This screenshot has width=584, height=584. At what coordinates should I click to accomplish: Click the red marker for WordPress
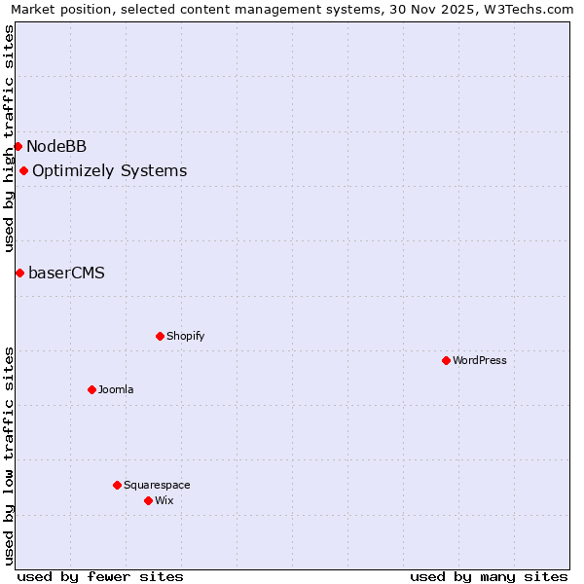coord(446,360)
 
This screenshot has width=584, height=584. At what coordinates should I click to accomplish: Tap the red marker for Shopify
coord(160,336)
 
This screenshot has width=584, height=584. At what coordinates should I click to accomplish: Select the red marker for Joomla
coord(91,389)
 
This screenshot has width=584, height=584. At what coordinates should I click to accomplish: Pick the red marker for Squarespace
coord(117,485)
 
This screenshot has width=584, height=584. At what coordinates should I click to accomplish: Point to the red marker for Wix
coord(148,500)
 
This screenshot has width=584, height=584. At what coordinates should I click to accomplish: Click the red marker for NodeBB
coord(18,146)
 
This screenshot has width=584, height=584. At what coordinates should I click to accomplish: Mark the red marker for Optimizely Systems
coord(23,171)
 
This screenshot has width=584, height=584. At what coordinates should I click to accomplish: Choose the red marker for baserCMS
coord(19,273)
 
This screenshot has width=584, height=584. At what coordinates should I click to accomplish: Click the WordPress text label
coord(480,360)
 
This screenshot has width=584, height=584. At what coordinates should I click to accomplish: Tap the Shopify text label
coord(185,336)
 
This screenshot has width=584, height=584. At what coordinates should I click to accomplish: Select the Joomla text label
coord(116,389)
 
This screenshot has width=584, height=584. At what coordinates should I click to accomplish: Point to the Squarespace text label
coord(157,485)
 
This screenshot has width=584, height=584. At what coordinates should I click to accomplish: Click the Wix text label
coord(164,500)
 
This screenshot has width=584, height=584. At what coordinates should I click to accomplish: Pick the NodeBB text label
coord(56,147)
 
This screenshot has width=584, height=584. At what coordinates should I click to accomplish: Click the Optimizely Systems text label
coord(109,171)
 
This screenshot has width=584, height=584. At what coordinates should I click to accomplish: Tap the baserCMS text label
coord(66,273)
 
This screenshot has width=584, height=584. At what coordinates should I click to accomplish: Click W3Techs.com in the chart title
coord(527,10)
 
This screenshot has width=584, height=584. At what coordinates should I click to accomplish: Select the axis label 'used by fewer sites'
coord(100,576)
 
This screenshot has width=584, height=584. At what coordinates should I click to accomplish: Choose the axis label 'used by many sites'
coord(489,576)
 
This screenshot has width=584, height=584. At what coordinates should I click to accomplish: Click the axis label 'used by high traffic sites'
coord(9,138)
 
